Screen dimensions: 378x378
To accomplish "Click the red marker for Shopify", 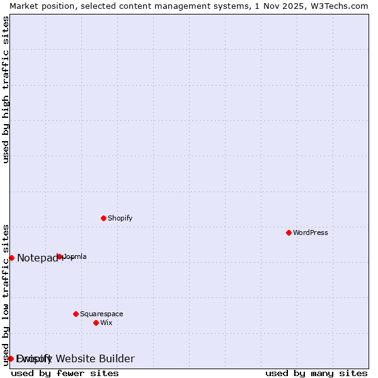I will [103, 218].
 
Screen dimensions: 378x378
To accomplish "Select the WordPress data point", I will [289, 232].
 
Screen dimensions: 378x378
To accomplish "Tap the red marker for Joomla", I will [60, 256].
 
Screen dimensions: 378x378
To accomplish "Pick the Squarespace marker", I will [76, 314].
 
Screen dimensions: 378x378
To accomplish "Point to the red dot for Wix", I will [96, 323].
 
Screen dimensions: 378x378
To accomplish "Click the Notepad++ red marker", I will [11, 258].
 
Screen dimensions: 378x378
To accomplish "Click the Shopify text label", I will [120, 218].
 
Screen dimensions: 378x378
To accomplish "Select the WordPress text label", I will [311, 232].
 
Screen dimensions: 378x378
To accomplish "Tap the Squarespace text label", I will [101, 314].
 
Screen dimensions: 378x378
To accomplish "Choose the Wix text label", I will [106, 323].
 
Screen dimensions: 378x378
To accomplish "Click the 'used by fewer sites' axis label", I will [65, 373].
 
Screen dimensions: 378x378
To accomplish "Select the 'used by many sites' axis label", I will [316, 373].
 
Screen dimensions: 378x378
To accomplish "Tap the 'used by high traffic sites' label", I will [6, 89].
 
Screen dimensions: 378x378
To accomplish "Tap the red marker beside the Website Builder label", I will [11, 358].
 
